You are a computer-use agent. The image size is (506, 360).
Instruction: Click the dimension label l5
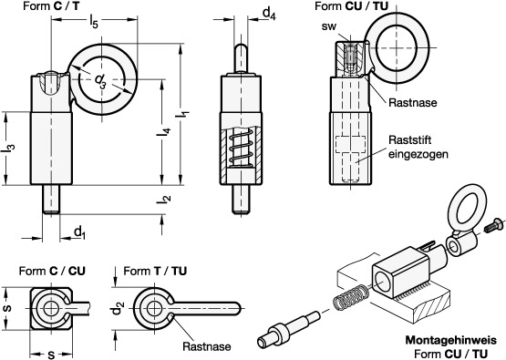pos(93,23)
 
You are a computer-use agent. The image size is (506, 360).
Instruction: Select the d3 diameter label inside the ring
pos(100,81)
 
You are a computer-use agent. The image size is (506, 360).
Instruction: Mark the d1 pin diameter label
pos(79,232)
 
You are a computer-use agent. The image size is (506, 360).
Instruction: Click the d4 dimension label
pos(269,14)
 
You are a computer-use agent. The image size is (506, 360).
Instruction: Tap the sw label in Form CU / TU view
pos(329,26)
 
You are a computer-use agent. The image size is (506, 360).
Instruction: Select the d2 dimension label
pos(118,308)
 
